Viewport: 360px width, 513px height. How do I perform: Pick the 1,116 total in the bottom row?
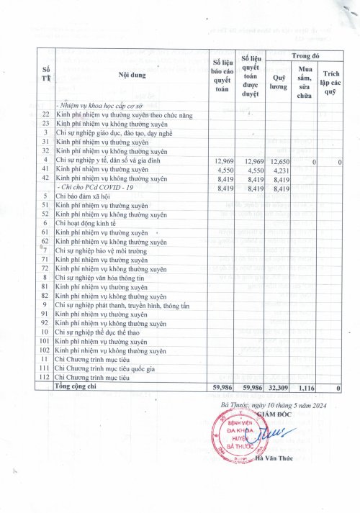coord(307,387)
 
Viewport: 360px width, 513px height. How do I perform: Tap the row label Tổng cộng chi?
coord(80,386)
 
